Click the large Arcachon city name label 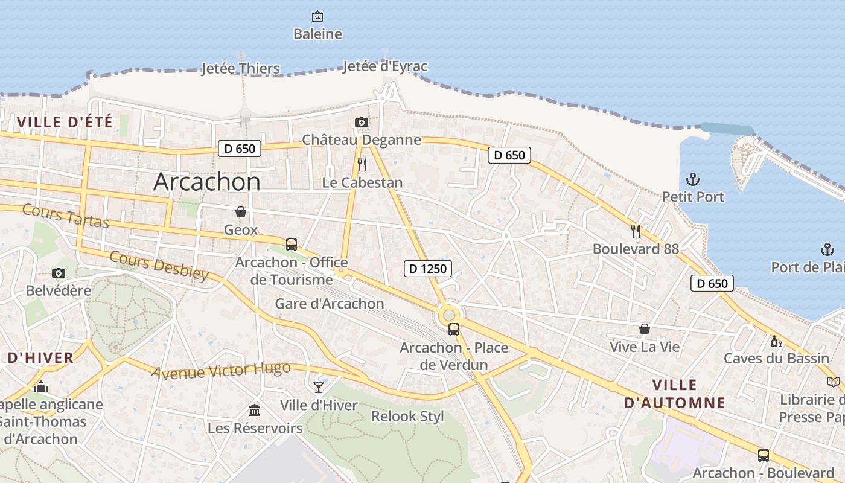click(206, 182)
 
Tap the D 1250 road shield click(428, 269)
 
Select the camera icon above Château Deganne click(361, 123)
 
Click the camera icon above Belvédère click(59, 273)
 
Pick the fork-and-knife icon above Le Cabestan click(362, 164)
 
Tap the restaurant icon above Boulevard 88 click(636, 231)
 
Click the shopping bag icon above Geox click(241, 212)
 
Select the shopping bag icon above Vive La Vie click(645, 329)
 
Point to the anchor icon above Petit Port click(693, 179)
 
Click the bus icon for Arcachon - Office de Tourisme click(292, 245)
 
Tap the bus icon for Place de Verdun click(454, 330)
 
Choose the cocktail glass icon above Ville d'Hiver click(319, 387)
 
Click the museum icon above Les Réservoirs click(255, 411)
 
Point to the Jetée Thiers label click(240, 68)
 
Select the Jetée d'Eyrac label click(385, 66)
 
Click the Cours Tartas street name click(66, 216)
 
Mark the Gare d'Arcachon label click(330, 304)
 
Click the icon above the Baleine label click(317, 16)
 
